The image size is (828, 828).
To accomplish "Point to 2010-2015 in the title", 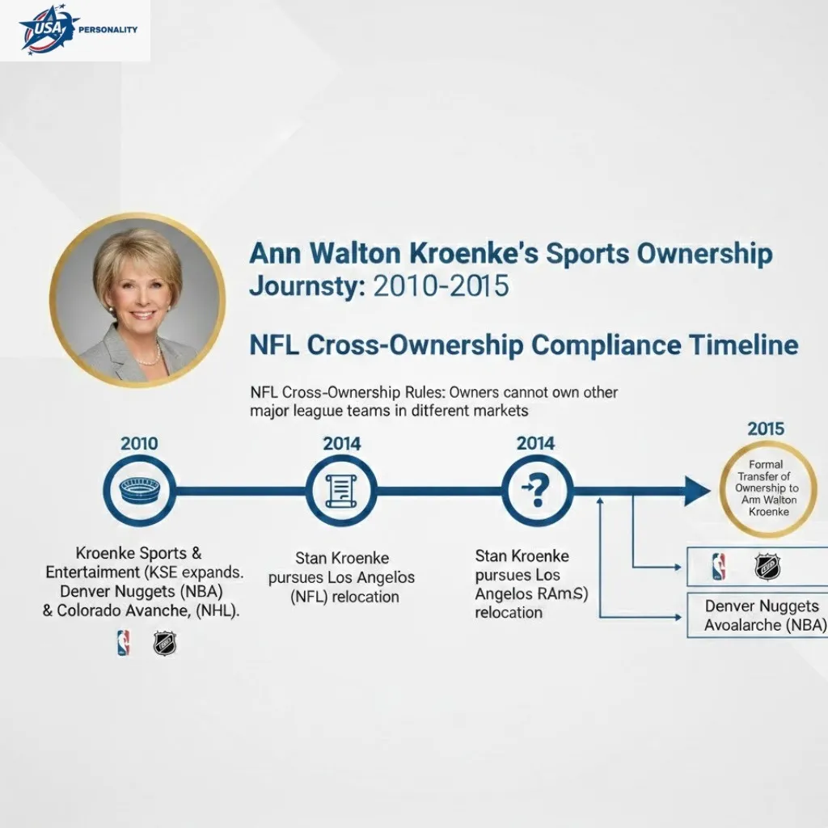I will tap(441, 286).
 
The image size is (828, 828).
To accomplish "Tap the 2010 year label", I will tap(139, 443).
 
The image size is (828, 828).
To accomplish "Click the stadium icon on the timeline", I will tap(139, 491).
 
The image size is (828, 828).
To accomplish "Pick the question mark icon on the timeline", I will tap(535, 491).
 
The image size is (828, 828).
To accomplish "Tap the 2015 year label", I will tap(766, 428).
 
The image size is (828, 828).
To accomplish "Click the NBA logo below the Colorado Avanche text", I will tap(123, 644).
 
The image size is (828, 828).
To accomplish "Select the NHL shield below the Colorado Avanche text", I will tap(165, 644).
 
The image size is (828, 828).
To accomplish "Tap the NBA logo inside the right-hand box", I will tap(718, 567).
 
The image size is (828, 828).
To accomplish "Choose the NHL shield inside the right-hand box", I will tap(767, 567).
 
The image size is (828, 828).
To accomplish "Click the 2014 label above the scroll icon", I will tap(342, 443).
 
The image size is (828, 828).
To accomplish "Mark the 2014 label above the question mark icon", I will tap(535, 443).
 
